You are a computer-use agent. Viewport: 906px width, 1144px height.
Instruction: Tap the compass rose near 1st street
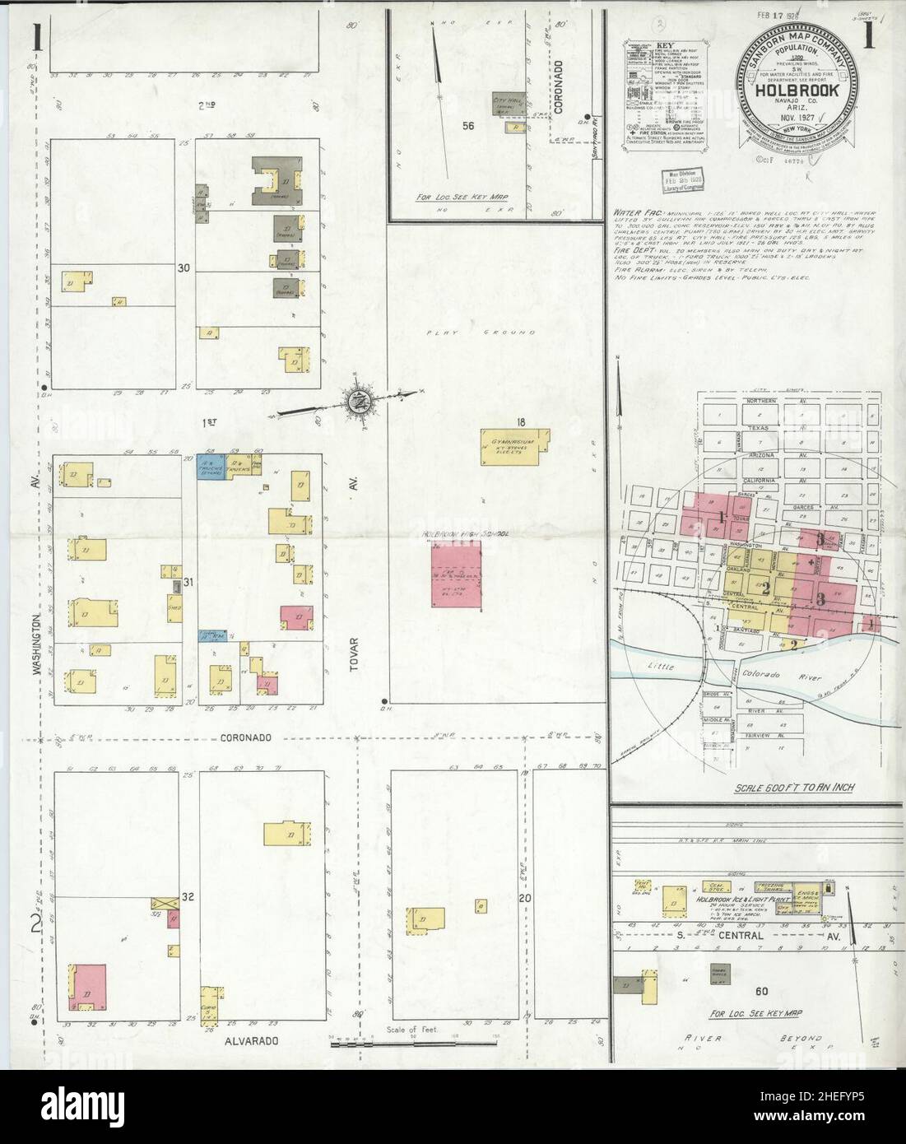coord(360,402)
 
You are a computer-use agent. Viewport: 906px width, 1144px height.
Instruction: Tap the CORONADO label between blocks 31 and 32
coord(245,738)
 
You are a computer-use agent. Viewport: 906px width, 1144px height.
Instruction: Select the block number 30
coord(184,267)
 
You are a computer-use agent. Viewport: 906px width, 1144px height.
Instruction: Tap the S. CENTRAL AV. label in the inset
coord(765,937)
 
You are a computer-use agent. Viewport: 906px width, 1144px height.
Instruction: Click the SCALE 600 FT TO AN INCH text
coord(793,788)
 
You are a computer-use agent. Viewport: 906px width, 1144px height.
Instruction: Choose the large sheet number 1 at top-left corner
coord(37,37)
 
